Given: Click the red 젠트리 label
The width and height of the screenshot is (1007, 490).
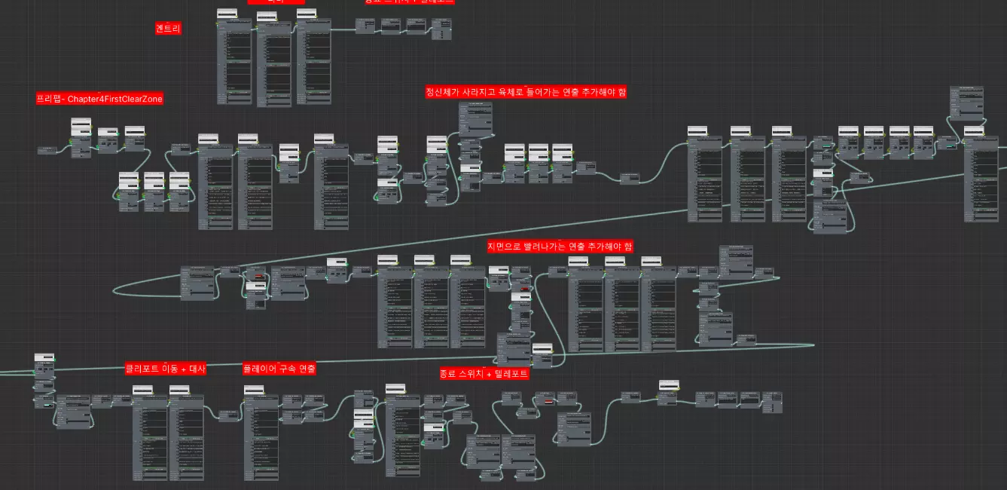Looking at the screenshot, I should pos(169,29).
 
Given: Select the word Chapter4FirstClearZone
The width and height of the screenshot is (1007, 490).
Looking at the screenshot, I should pos(115,99).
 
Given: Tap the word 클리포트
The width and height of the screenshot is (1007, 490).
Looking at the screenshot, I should pos(144,369).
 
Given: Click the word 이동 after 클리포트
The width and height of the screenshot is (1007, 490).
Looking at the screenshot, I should pos(172,369).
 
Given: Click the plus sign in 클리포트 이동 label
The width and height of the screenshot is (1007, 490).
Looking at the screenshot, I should pos(185,369).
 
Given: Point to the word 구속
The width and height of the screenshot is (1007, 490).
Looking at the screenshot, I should pos(287,369).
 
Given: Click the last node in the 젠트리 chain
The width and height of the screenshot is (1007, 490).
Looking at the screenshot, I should pos(443,26).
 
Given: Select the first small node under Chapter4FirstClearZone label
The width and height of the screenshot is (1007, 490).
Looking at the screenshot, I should pos(47,150).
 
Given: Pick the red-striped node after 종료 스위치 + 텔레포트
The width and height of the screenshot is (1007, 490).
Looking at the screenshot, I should pos(549,400).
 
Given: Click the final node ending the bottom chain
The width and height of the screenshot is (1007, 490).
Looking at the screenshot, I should pos(772,400).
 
